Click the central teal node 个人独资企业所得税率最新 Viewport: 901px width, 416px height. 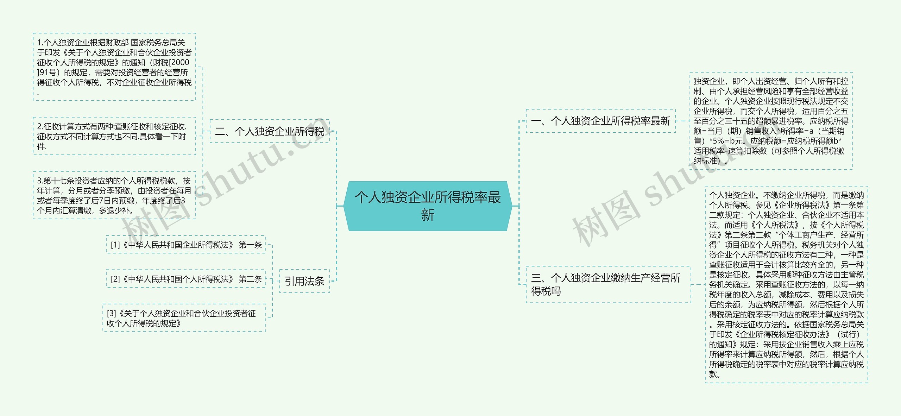pos(427,206)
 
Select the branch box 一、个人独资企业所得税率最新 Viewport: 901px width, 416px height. pos(600,121)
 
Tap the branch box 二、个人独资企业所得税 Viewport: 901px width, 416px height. pos(270,131)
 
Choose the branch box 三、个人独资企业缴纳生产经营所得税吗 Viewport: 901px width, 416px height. pos(608,284)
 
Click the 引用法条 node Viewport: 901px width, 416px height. pos(304,281)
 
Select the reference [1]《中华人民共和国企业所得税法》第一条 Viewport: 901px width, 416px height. pos(186,245)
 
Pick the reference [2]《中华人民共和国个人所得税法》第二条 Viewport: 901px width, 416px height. pos(186,279)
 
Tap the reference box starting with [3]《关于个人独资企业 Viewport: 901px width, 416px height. pos(184,318)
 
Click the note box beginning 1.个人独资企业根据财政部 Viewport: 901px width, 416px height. pos(114,67)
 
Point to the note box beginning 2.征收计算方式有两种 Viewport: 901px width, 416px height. pos(114,136)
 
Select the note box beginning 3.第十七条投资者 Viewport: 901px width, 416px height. pos(114,195)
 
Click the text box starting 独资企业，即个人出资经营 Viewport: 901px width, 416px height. pos(771,121)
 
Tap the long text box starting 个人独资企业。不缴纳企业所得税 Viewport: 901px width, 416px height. pos(786,284)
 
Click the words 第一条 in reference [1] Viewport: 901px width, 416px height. pos(250,245)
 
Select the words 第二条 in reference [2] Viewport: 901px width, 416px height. pos(250,279)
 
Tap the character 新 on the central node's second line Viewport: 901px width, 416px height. pos(427,215)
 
